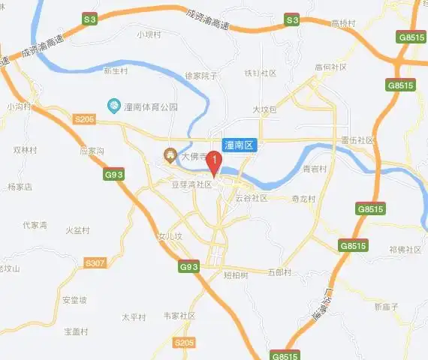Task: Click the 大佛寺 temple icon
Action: (170, 156)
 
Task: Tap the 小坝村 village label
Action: (149, 34)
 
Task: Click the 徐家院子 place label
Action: (200, 75)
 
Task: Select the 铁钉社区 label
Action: (261, 73)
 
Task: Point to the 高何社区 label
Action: (331, 67)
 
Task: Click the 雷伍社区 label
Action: (357, 140)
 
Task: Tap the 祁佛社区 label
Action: (405, 249)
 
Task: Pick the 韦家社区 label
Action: (179, 316)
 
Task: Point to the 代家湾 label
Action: (35, 225)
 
